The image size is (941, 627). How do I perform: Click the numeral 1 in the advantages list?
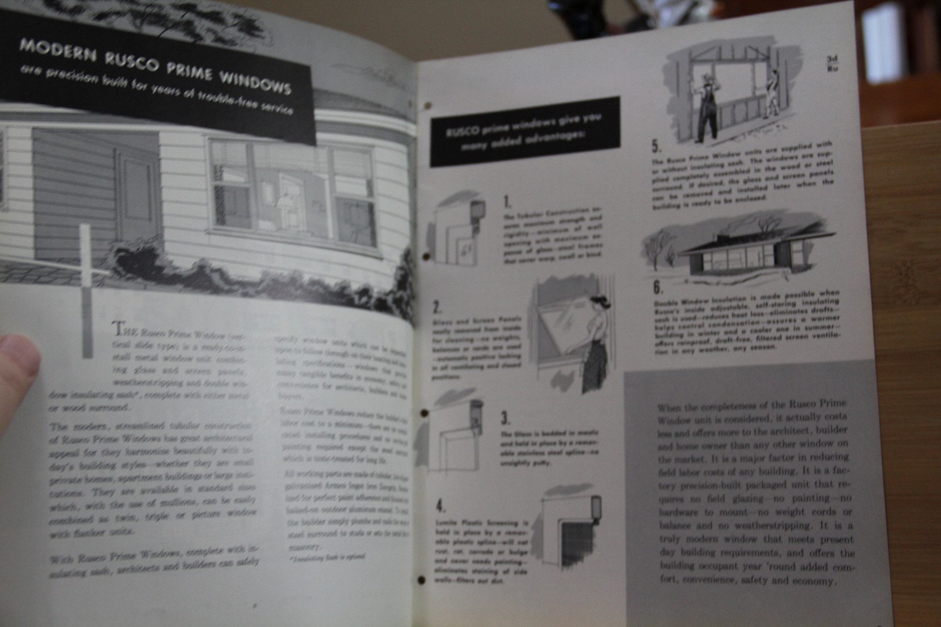508,202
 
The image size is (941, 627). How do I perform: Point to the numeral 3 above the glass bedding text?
505,418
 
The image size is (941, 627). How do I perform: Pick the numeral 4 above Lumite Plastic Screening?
441,506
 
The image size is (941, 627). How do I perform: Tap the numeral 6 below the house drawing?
657,288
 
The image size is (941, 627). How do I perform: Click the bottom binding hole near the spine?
421,581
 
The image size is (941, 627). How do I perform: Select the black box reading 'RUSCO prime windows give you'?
525,132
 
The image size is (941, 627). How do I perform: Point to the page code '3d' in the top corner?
832,59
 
